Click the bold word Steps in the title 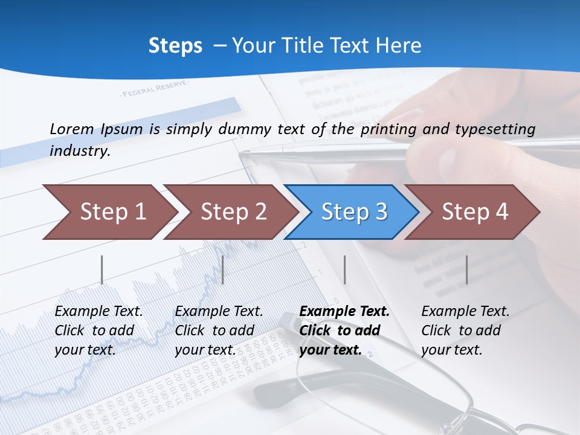pyautogui.click(x=175, y=46)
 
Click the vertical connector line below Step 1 pyautogui.click(x=101, y=269)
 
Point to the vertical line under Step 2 pyautogui.click(x=223, y=269)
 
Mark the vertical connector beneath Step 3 pyautogui.click(x=344, y=269)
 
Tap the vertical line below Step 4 pyautogui.click(x=466, y=269)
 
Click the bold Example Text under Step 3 pyautogui.click(x=344, y=330)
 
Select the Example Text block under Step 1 pyautogui.click(x=98, y=330)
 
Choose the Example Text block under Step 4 pyautogui.click(x=465, y=330)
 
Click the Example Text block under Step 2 pyautogui.click(x=219, y=330)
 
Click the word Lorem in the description pyautogui.click(x=71, y=129)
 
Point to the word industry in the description pyautogui.click(x=79, y=151)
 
